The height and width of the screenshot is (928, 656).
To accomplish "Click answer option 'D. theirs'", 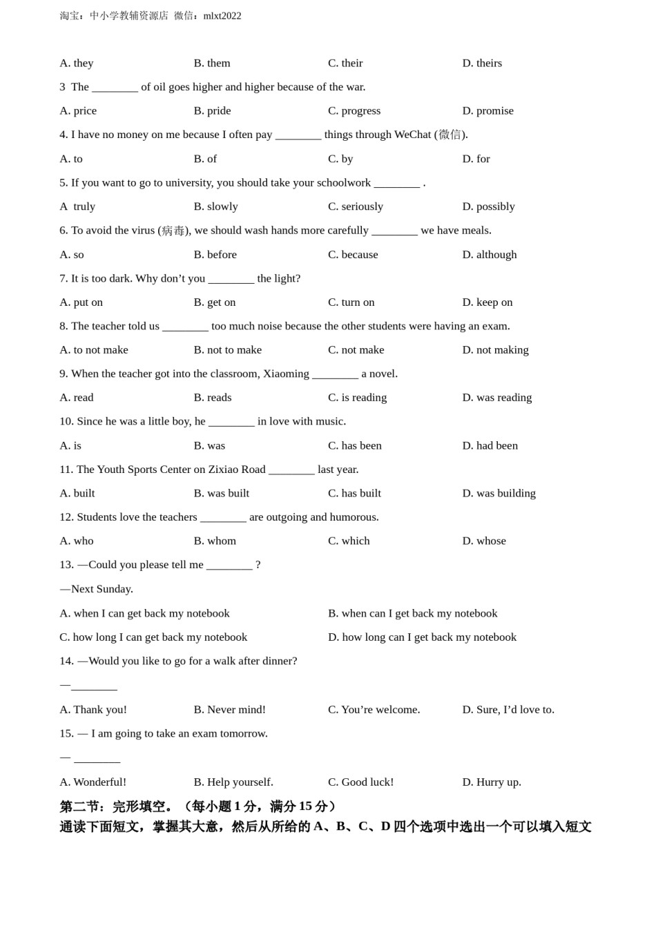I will (x=482, y=63).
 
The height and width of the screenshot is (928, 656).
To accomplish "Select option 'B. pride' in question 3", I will (x=212, y=110).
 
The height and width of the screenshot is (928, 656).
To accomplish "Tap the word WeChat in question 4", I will (x=412, y=135).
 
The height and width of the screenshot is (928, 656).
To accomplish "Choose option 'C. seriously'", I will (x=355, y=206).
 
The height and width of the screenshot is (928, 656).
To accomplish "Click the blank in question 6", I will (x=394, y=231).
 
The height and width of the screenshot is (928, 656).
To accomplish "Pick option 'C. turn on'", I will (x=351, y=302).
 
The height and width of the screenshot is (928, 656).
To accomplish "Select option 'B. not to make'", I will (x=227, y=350).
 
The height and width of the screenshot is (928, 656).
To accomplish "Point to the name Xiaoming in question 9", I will (x=286, y=374).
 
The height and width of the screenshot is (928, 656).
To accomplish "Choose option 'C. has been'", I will (x=354, y=446).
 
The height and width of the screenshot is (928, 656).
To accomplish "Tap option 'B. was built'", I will (x=221, y=494).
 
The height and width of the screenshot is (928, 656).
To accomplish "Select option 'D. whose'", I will (x=483, y=541).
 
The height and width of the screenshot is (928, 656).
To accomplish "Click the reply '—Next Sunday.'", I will (x=97, y=589).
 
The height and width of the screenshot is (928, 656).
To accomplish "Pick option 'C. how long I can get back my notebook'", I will (x=153, y=637).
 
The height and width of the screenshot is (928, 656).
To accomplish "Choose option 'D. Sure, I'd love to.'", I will (x=508, y=710).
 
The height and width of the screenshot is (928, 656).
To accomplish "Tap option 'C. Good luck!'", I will (x=360, y=782).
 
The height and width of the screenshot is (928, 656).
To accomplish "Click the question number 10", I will (x=66, y=422).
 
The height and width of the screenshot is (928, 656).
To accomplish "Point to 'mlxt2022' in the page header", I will (x=222, y=16).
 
